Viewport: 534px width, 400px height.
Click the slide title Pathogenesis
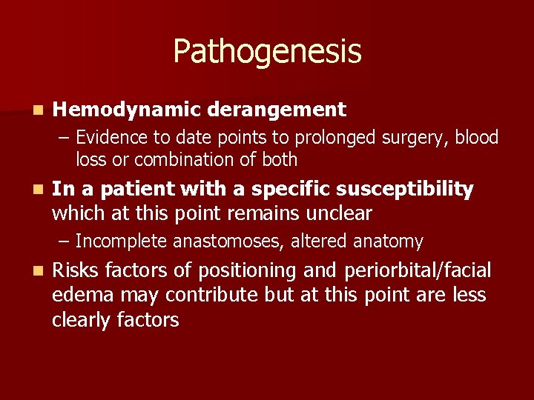(267, 52)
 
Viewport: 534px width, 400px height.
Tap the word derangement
(277, 110)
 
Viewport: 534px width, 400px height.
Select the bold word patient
(128, 190)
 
